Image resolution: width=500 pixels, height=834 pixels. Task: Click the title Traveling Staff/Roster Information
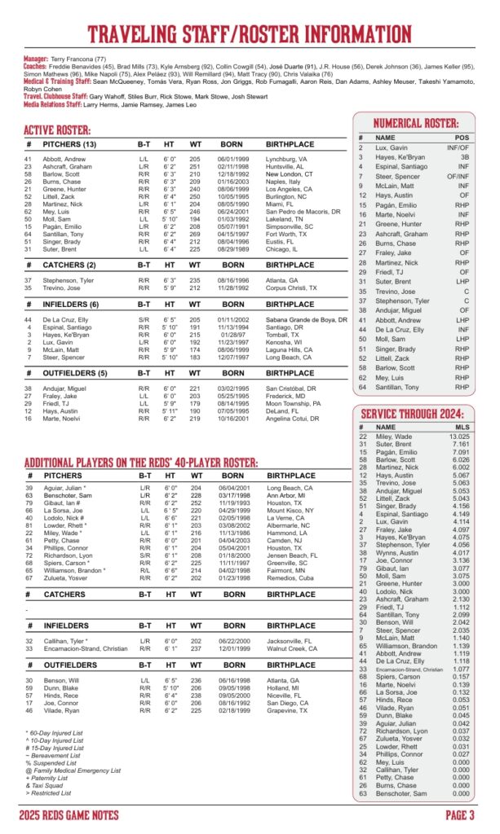(x=250, y=33)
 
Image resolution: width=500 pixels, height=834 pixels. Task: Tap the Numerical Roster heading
(x=416, y=124)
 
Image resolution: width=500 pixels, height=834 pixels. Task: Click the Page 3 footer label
(x=461, y=815)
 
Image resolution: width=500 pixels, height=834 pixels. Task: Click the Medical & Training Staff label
(x=56, y=82)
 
